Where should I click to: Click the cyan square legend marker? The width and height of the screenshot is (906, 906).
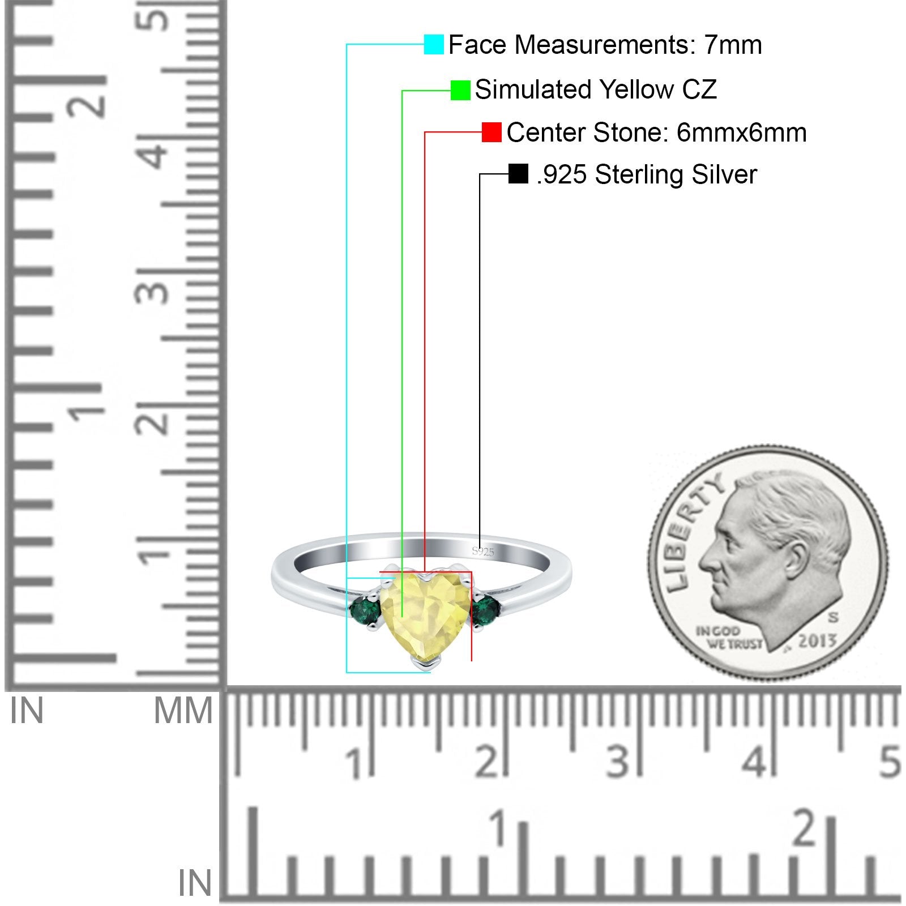[x=434, y=44]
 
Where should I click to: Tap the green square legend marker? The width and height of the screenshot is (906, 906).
[x=460, y=90]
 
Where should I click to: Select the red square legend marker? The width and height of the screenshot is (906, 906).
[x=492, y=133]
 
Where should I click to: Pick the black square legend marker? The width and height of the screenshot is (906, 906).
[x=518, y=174]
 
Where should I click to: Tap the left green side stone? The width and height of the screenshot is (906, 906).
[x=361, y=612]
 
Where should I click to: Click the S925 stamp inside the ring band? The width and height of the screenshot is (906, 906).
[x=483, y=552]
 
